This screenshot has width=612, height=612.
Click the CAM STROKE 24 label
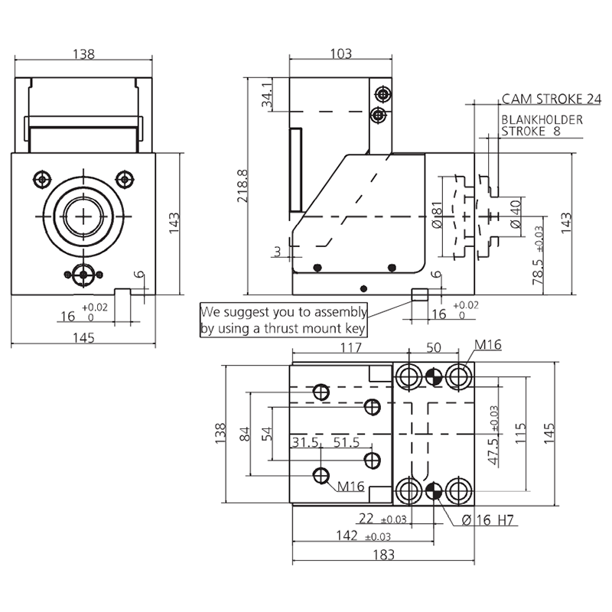point(551,99)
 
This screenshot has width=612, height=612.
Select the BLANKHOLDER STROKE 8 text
point(542,125)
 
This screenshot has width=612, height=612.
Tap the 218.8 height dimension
point(243,186)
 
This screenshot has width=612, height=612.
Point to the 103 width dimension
point(340,54)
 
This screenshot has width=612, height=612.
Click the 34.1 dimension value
point(267,95)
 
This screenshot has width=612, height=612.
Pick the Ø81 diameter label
point(437,215)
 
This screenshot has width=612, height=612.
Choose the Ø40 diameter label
point(515,214)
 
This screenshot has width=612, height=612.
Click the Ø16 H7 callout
point(487,520)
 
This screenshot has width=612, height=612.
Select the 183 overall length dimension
point(383,555)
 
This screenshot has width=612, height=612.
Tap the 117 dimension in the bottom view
point(351,347)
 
